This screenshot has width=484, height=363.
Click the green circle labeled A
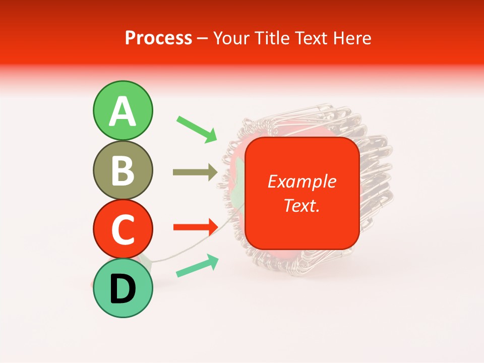point(123,110)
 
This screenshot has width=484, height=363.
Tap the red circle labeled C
point(123,228)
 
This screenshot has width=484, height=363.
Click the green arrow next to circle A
point(197,129)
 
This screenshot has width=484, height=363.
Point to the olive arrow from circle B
point(195,172)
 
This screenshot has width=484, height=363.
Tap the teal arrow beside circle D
point(197,266)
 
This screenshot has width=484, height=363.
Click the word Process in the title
point(158,38)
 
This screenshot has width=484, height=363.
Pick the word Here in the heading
point(352,38)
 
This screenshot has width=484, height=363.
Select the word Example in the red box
point(301,181)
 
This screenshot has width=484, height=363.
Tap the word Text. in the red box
point(301,205)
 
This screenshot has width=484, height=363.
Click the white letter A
point(123,111)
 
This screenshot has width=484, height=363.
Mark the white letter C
point(123,229)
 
